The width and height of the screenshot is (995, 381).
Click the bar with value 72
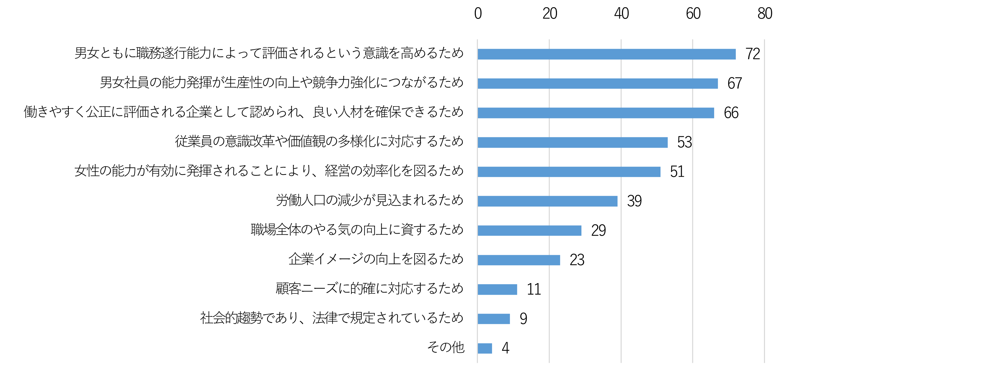pyautogui.click(x=606, y=54)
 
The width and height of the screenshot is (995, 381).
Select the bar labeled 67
pyautogui.click(x=598, y=83)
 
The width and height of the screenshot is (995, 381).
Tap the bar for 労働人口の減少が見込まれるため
pyautogui.click(x=547, y=201)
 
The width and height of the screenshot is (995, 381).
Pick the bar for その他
pyautogui.click(x=485, y=348)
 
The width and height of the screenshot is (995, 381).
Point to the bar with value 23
pyautogui.click(x=519, y=260)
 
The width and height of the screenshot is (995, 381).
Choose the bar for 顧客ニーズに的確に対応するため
pyautogui.click(x=497, y=290)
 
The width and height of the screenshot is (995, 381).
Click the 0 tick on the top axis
pyautogui.click(x=478, y=14)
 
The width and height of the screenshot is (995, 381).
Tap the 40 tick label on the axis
pyautogui.click(x=621, y=14)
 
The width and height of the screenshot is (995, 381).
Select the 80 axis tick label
pyautogui.click(x=764, y=14)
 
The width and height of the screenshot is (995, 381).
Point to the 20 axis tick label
pyautogui.click(x=550, y=14)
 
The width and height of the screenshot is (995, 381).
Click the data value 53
pyautogui.click(x=685, y=143)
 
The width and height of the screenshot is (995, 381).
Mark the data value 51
pyautogui.click(x=677, y=172)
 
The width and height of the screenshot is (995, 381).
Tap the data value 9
pyautogui.click(x=523, y=319)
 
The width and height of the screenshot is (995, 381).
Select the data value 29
pyautogui.click(x=598, y=231)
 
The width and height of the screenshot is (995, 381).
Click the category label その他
pyautogui.click(x=445, y=347)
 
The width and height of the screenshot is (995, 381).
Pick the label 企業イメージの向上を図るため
pyautogui.click(x=376, y=259)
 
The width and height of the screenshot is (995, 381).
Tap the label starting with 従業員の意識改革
pyautogui.click(x=319, y=141)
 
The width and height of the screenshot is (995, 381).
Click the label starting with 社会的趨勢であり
pyautogui.click(x=332, y=318)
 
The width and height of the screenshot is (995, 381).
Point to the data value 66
pyautogui.click(x=731, y=113)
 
